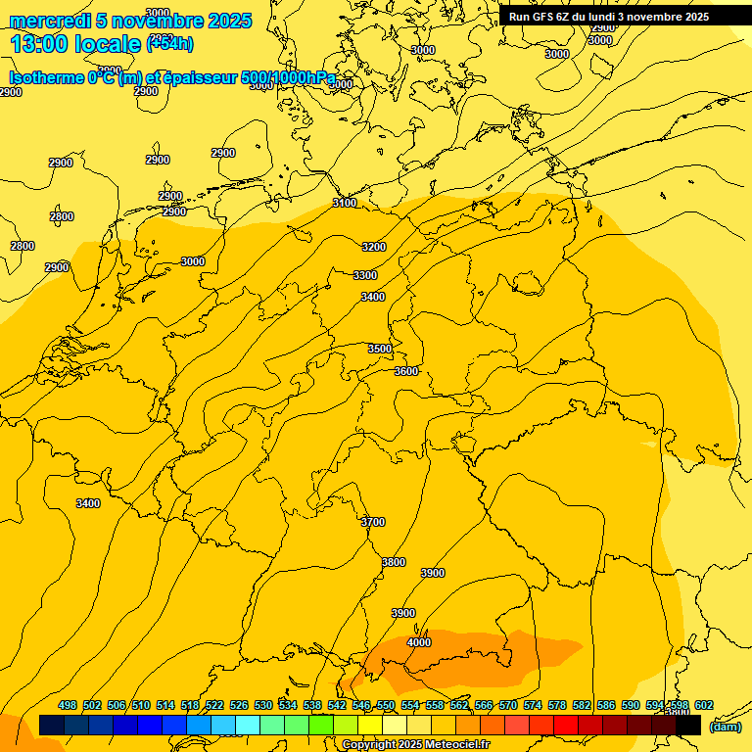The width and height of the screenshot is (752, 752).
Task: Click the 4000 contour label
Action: pyautogui.click(x=418, y=642)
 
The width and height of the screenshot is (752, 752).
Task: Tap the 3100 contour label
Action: pyautogui.click(x=345, y=203)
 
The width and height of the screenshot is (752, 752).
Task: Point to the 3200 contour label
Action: pyautogui.click(x=374, y=247)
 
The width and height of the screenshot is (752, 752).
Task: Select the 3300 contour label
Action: pyautogui.click(x=365, y=275)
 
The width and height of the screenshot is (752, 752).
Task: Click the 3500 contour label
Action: pyautogui.click(x=380, y=349)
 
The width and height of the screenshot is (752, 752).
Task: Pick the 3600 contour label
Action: pyautogui.click(x=406, y=371)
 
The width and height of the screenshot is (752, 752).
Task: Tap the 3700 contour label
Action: pyautogui.click(x=373, y=522)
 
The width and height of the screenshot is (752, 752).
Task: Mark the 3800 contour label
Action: pyautogui.click(x=394, y=562)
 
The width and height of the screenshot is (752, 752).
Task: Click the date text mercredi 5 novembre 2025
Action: pyautogui.click(x=131, y=22)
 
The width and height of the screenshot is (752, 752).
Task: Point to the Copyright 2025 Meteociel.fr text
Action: pyautogui.click(x=415, y=744)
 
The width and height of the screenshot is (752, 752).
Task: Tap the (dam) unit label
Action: pyautogui.click(x=725, y=726)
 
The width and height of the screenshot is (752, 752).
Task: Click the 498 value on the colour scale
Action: pyautogui.click(x=68, y=705)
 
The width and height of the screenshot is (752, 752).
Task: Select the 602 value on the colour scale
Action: pyautogui.click(x=704, y=705)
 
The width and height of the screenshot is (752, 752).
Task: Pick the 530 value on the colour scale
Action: pyautogui.click(x=263, y=705)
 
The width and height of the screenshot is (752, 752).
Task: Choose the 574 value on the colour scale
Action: pyautogui.click(x=533, y=705)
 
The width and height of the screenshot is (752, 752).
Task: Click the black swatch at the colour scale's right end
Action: pyautogui.click(x=688, y=726)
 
